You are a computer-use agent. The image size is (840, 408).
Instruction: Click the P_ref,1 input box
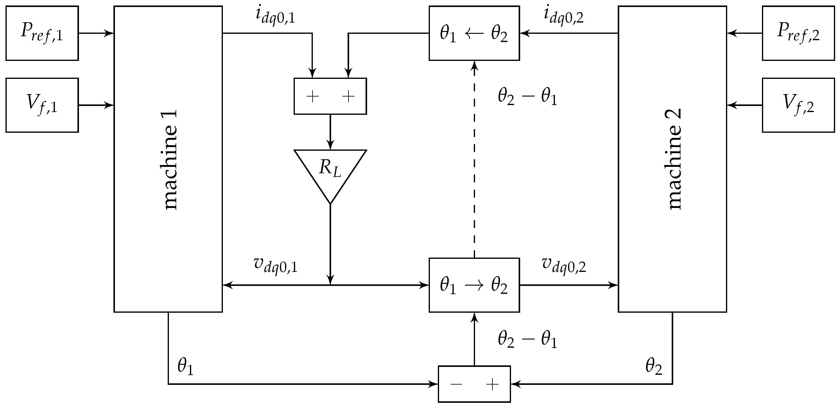(42, 33)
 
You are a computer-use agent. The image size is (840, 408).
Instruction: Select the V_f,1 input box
(42, 105)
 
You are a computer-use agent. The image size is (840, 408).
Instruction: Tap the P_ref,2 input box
(798, 33)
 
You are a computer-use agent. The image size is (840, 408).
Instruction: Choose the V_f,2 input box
(798, 105)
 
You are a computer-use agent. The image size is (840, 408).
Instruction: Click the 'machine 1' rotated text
(170, 160)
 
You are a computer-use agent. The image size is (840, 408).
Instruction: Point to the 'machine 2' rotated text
(674, 160)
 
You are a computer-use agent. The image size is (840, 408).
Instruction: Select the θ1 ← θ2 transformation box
(474, 33)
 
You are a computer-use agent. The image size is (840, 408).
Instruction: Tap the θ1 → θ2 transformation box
(474, 285)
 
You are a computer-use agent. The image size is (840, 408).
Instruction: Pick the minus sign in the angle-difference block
(456, 385)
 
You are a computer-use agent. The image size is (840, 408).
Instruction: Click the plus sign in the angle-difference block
(492, 385)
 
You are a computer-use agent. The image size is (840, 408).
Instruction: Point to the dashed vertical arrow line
(474, 160)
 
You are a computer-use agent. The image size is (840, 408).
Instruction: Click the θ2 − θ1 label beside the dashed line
(527, 97)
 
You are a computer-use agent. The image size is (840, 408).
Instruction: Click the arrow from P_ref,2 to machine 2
(744, 33)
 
